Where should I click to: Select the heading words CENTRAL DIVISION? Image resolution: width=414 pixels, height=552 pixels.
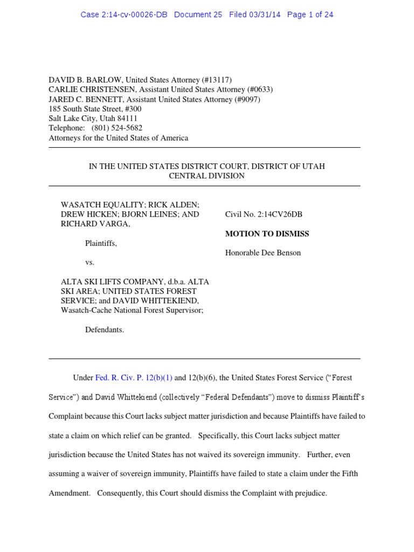[x=206, y=176]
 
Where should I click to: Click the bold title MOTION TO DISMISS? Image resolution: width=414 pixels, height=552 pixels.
[x=267, y=234]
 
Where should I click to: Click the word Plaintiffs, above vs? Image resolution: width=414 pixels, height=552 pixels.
[x=101, y=244]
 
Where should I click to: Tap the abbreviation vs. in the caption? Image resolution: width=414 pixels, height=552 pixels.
[x=90, y=263]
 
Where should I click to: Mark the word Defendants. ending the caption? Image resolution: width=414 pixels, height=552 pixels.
[x=105, y=329]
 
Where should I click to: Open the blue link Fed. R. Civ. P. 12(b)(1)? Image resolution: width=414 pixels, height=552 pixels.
[x=134, y=378]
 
